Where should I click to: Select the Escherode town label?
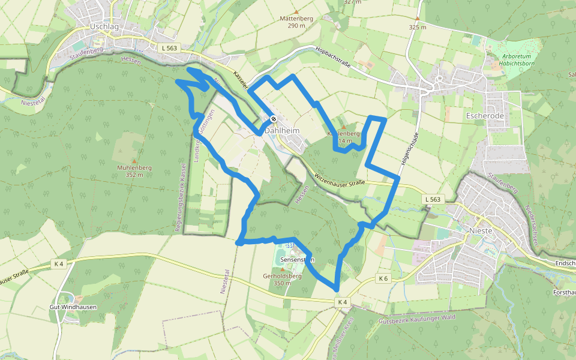[x=486, y=115]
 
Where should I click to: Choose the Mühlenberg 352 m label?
[x=130, y=171]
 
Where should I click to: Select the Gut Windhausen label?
[x=73, y=307]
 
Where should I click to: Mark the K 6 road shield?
[x=384, y=278]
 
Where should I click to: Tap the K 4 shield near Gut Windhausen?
[x=59, y=263]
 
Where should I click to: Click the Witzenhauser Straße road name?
[x=339, y=178]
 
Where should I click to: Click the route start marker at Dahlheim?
[x=273, y=119]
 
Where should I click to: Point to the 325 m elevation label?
[x=417, y=27]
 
